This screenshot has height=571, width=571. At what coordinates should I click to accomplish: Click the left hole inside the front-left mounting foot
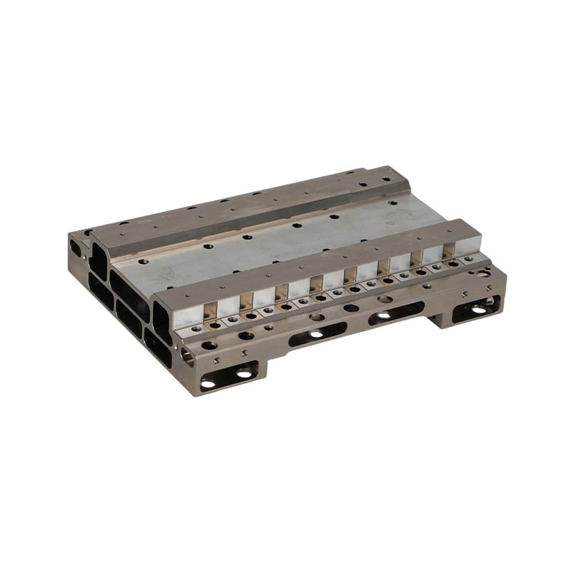click(x=209, y=383)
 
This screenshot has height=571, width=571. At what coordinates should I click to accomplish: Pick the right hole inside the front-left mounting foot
click(x=244, y=374)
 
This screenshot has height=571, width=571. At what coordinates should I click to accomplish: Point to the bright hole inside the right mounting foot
click(x=477, y=309)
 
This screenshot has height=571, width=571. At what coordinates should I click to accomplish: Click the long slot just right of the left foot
click(x=318, y=334)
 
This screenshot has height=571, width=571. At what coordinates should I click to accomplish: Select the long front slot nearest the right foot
click(x=396, y=313)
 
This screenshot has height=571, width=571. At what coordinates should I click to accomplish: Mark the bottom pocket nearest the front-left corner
click(x=158, y=348)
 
